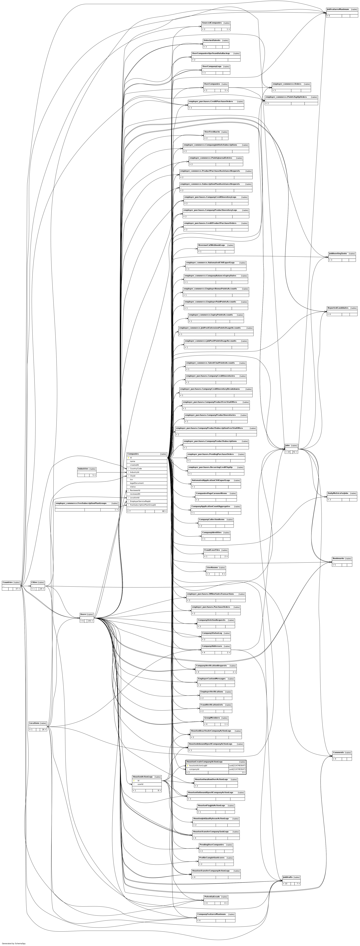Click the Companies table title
133,454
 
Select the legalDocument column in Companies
137,483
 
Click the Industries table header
83,469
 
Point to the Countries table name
7,582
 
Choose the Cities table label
34,582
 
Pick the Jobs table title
287,445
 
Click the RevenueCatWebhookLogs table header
211,245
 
